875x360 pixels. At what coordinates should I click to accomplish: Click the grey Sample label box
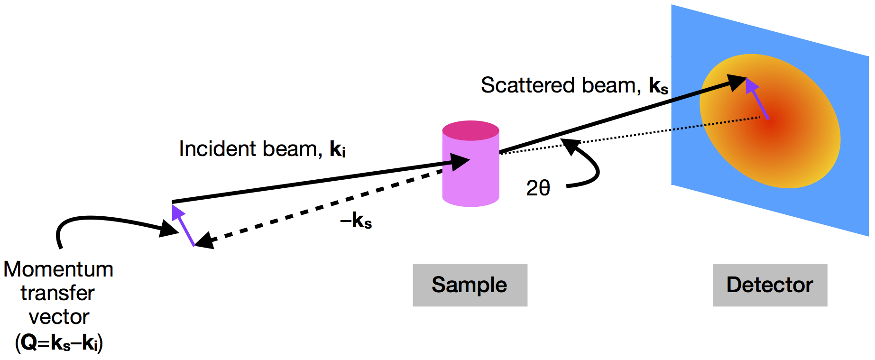tap(470, 285)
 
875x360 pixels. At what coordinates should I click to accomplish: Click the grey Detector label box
tap(769, 285)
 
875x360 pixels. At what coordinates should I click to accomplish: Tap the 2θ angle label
tap(538, 188)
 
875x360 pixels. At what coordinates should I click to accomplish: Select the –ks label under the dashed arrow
tap(356, 221)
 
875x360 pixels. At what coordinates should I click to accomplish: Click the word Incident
tap(218, 149)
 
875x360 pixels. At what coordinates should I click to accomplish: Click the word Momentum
tap(58, 269)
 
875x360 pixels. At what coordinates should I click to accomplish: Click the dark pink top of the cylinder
tap(470, 130)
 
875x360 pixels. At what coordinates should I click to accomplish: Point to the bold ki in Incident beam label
tap(337, 149)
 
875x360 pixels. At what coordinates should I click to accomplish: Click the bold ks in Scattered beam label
tap(658, 86)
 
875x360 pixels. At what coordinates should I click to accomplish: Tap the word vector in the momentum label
tap(59, 317)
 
